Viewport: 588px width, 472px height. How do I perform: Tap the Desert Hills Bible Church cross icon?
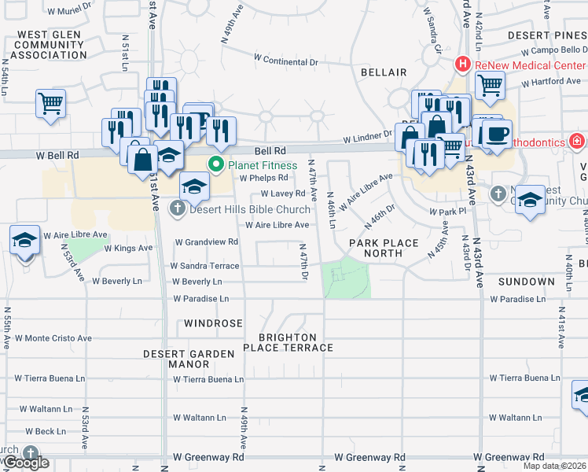click(x=178, y=208)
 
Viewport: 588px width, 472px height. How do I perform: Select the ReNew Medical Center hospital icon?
click(x=464, y=64)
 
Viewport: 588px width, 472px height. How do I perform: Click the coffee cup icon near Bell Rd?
click(x=496, y=134)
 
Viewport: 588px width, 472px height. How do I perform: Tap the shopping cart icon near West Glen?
click(x=50, y=102)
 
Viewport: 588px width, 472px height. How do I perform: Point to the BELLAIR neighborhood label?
click(x=384, y=72)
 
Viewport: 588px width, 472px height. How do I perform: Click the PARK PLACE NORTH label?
click(x=384, y=249)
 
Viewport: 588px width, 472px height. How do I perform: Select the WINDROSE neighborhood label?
click(x=213, y=323)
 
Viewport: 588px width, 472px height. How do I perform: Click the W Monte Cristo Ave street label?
click(x=53, y=338)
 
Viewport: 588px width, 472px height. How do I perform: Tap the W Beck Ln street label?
click(x=46, y=431)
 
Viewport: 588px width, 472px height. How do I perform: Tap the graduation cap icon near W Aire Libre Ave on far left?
click(x=24, y=240)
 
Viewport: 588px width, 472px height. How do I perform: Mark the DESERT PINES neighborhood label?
click(x=547, y=36)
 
